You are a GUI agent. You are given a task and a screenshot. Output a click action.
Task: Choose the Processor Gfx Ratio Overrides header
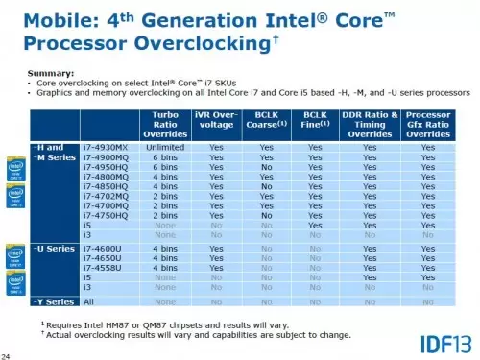[x=428, y=125]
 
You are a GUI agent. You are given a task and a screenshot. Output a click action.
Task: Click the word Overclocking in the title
[x=216, y=44]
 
